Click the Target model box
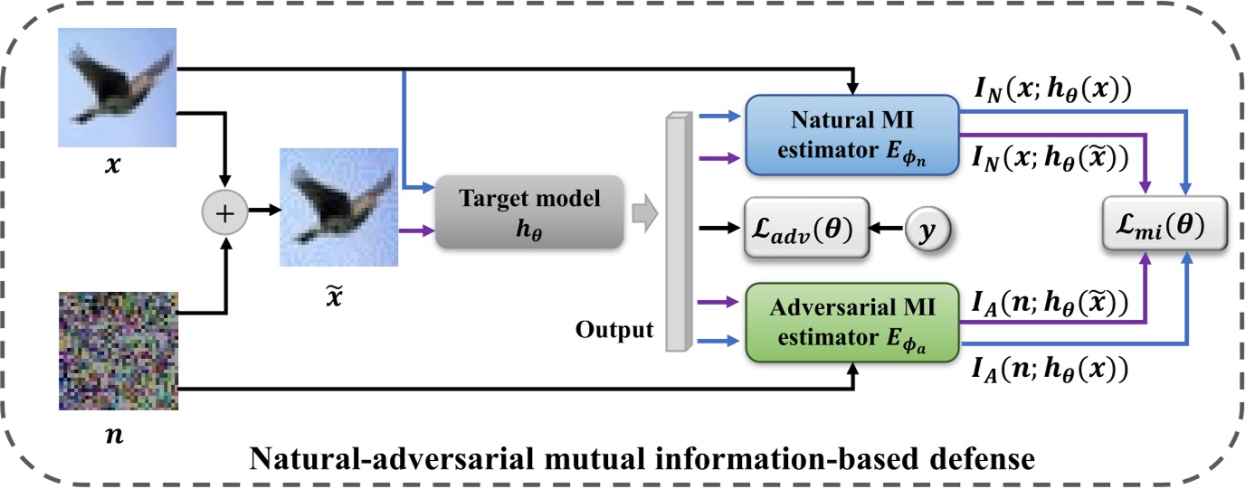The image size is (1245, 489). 529,212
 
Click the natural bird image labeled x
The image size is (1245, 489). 117,88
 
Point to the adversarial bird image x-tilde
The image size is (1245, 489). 338,207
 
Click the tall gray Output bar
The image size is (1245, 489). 678,230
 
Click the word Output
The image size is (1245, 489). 613,330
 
